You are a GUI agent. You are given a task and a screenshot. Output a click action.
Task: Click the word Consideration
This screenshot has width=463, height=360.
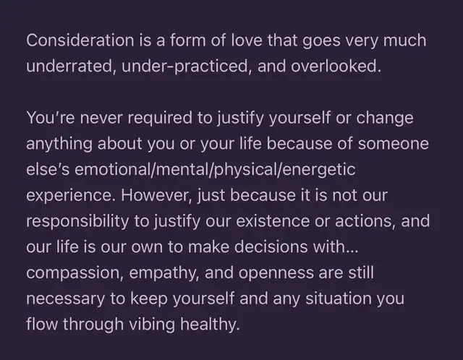click(x=80, y=40)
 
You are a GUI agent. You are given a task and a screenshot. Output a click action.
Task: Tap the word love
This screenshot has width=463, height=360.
click(x=247, y=40)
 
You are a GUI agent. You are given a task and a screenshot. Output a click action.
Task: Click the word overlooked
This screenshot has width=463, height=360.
click(x=336, y=66)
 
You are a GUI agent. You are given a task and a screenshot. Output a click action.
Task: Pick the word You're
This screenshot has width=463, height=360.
click(x=51, y=117)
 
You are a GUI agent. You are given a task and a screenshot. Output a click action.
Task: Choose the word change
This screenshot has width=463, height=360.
click(x=385, y=119)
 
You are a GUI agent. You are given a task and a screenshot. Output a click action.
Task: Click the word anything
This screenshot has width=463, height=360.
click(x=59, y=145)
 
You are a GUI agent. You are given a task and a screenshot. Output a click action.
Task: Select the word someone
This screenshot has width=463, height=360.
click(x=394, y=143)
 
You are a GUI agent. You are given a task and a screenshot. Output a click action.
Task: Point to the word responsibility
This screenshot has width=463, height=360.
click(x=77, y=222)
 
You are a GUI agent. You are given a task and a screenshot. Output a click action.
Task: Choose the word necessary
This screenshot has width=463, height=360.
click(x=65, y=299)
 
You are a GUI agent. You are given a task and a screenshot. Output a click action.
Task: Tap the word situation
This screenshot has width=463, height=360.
click(x=338, y=299)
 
